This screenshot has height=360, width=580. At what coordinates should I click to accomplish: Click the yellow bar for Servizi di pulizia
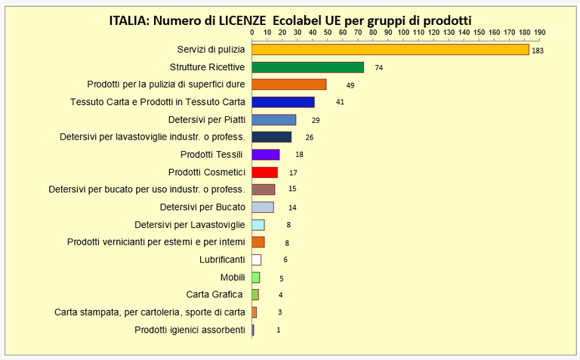click(390, 50)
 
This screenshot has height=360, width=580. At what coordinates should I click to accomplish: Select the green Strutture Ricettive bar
click(307, 67)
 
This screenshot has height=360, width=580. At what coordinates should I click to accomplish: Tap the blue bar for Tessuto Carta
click(282, 102)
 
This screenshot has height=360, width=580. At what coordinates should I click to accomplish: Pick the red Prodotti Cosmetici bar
click(264, 172)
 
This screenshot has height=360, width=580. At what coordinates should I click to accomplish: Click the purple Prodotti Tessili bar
click(265, 155)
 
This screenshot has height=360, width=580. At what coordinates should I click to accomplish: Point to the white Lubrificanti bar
click(256, 260)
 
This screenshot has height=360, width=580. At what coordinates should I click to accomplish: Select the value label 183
click(538, 51)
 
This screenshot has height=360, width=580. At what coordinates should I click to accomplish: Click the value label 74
click(378, 68)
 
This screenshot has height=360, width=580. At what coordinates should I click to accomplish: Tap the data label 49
click(350, 85)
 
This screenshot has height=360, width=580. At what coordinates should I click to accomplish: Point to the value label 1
click(278, 330)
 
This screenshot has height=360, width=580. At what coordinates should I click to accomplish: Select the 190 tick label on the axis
click(539, 33)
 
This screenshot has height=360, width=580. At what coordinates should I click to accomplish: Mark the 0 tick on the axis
click(251, 33)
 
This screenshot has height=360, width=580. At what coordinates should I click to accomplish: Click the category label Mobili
click(233, 277)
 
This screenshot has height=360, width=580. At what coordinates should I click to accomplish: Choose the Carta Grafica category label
click(215, 294)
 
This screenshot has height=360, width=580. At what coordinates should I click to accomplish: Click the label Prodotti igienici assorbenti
click(190, 330)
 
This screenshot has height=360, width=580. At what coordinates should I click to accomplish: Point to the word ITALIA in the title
click(129, 20)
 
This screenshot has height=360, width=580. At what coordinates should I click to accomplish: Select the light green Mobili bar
click(255, 277)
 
